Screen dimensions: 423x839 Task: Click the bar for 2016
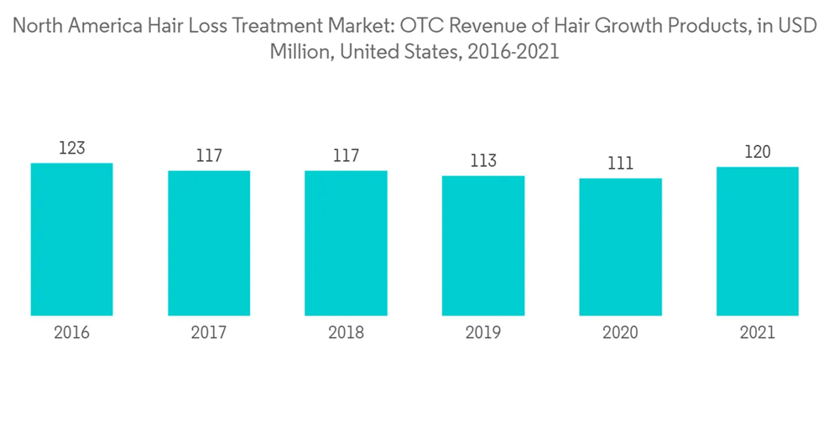point(72,239)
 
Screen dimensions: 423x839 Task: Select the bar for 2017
point(209,243)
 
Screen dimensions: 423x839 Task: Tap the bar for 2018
point(346,243)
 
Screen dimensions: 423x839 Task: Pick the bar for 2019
point(483,246)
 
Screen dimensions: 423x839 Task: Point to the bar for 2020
point(620,247)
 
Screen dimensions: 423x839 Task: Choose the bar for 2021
point(758,242)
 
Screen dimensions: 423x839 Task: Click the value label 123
point(72,149)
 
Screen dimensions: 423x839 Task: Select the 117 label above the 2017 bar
point(209,156)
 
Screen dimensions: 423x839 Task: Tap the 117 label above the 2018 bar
point(346,156)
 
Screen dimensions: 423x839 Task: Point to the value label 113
point(483,161)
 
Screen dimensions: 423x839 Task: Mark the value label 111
point(620,164)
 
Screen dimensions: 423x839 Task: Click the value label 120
point(758,153)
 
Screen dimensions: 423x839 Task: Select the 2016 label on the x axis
point(72,333)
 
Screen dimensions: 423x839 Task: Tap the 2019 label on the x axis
point(483,333)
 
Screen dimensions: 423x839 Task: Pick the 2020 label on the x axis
point(620,333)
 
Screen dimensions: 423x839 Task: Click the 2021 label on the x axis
point(758,333)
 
